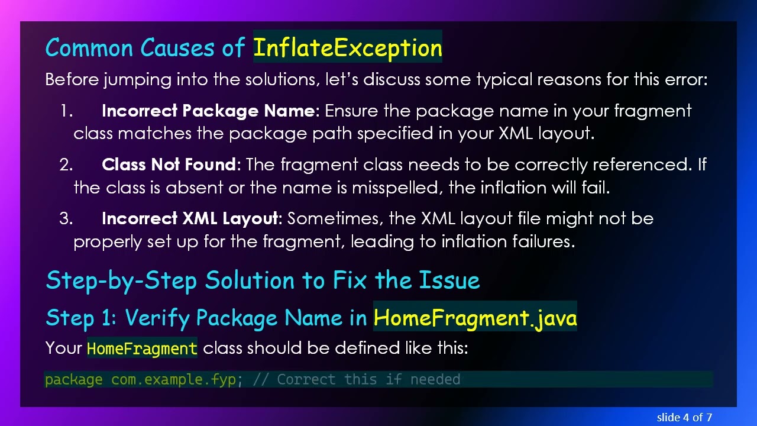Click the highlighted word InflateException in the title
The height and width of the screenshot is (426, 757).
tap(348, 48)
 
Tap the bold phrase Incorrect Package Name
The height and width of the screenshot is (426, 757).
tap(208, 111)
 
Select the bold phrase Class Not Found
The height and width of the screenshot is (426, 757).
tap(169, 164)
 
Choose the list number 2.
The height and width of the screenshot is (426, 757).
tap(66, 164)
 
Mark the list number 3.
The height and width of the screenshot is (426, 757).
tap(66, 219)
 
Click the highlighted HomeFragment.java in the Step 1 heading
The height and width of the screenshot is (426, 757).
tap(475, 318)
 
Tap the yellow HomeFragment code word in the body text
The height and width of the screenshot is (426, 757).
tap(142, 348)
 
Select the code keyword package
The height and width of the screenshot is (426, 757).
tap(74, 379)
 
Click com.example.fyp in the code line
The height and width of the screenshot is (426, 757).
tap(173, 379)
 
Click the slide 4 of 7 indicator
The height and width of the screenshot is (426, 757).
tap(684, 417)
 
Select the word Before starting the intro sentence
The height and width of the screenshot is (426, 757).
tap(72, 79)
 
